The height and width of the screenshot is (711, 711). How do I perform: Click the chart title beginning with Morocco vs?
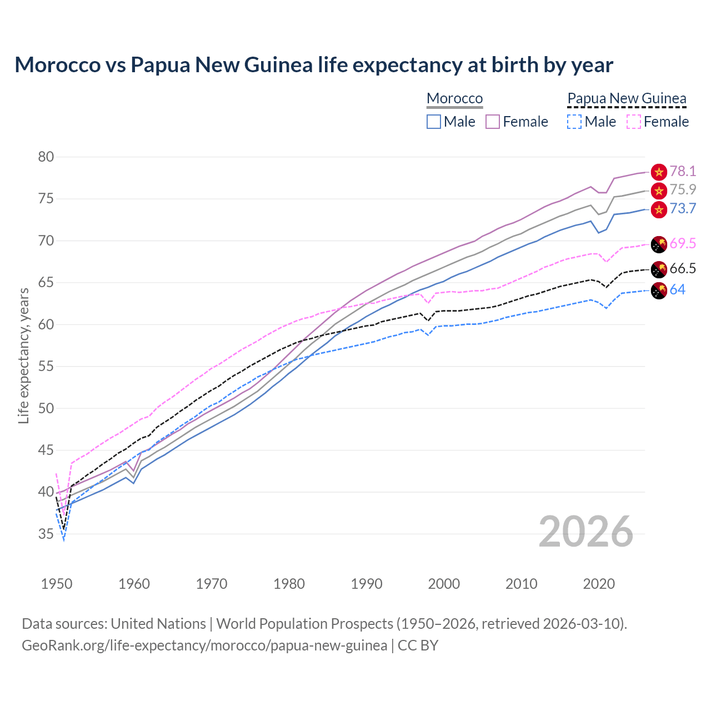[314, 65]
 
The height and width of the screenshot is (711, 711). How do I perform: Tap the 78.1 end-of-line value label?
[683, 171]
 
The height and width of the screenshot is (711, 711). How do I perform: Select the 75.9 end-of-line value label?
[683, 189]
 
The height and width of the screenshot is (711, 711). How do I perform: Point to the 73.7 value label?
[683, 208]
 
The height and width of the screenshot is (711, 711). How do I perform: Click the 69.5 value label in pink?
[683, 243]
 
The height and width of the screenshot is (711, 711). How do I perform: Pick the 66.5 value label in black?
[683, 269]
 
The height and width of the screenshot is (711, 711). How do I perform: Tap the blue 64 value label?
[677, 289]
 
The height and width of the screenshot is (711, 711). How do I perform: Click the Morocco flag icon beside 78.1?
[659, 172]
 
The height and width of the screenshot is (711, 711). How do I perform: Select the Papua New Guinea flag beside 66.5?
[659, 269]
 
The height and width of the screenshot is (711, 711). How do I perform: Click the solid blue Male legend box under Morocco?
[434, 122]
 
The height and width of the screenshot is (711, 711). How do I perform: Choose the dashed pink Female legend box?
[634, 122]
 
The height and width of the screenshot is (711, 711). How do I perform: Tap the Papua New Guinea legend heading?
[627, 98]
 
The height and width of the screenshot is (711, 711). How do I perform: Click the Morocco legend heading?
[454, 98]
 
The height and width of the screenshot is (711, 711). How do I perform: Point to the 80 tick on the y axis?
[46, 157]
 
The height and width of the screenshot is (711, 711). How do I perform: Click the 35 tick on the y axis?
[46, 534]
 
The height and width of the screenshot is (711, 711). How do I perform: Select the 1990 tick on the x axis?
[367, 584]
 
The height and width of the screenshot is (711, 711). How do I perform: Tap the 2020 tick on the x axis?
[599, 584]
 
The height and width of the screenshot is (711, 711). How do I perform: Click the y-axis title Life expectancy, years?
[24, 355]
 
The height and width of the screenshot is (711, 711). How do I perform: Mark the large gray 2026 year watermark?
[586, 532]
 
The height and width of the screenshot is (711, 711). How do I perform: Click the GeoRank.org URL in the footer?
[204, 645]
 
